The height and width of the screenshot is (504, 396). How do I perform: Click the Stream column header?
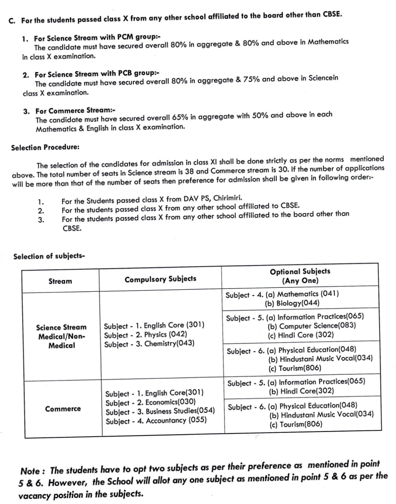[60, 281]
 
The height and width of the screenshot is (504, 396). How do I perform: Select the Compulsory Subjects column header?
[160, 279]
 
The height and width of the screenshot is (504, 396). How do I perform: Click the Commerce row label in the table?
[63, 409]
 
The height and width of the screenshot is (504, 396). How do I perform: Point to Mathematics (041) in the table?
[308, 294]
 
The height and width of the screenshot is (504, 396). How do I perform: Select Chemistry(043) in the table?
[169, 344]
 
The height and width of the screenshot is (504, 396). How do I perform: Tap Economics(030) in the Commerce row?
[170, 402]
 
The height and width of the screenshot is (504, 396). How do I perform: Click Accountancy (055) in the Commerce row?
[176, 421]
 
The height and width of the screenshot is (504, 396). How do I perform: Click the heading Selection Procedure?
[45, 148]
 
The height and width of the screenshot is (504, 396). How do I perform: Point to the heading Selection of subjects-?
[49, 256]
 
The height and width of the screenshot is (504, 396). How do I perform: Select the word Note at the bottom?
[30, 471]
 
